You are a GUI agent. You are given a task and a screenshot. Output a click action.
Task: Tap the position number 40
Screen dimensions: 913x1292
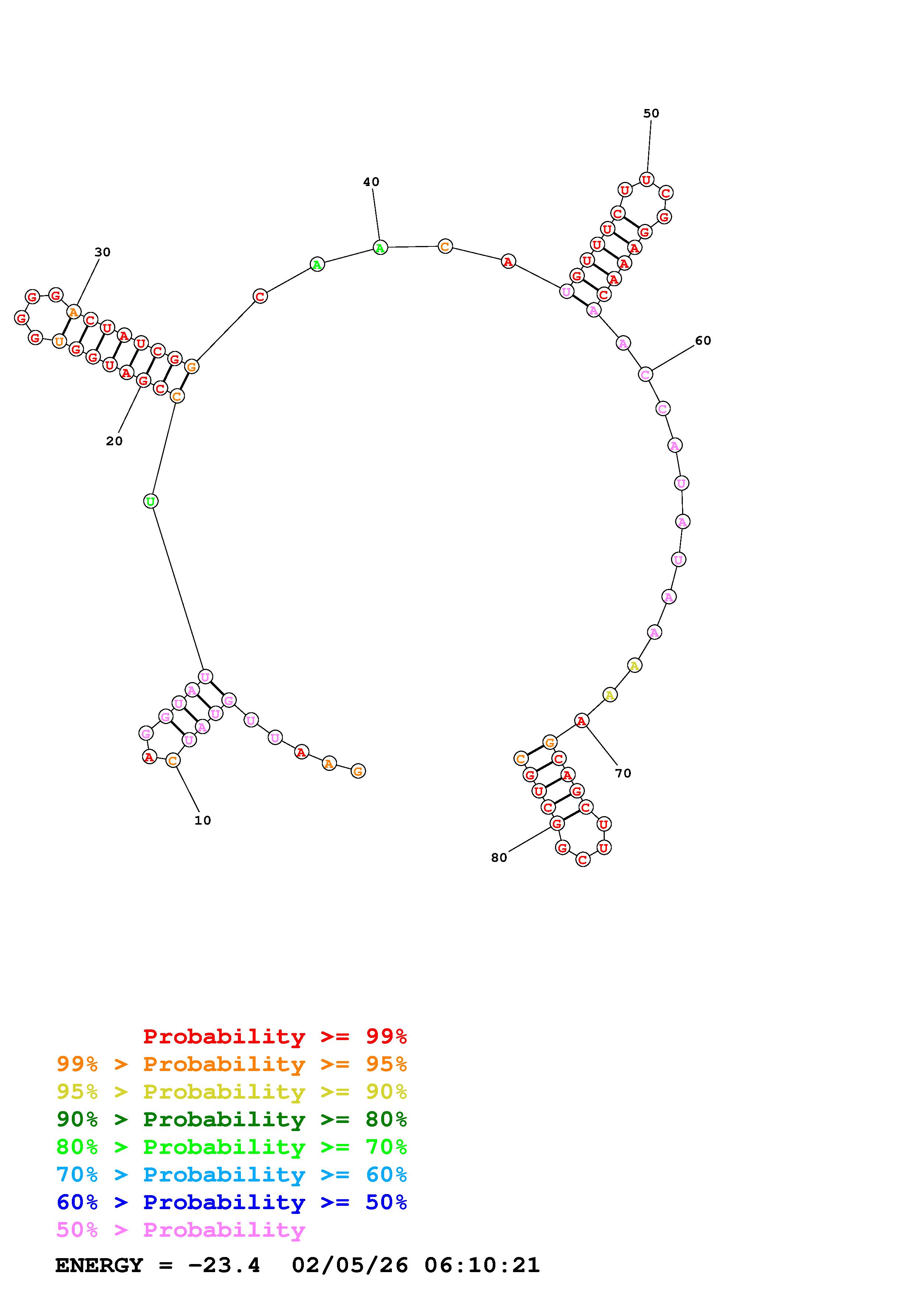(371, 182)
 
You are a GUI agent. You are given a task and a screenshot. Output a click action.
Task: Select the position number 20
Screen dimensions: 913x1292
(114, 442)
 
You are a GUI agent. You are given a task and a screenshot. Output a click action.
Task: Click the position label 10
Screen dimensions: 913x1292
(203, 821)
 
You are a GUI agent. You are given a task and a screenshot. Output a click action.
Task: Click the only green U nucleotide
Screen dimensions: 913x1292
(151, 501)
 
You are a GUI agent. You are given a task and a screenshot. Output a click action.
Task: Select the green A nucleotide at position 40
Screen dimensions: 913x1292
(380, 247)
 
